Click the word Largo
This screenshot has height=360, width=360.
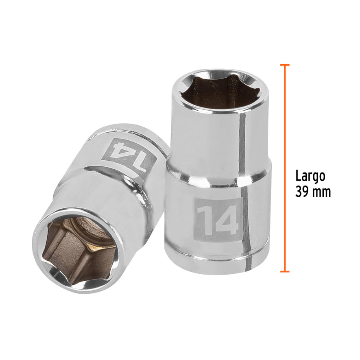tap(310, 176)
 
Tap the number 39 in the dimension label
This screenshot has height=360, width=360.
tap(302, 192)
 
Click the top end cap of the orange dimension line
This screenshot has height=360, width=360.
tap(285, 65)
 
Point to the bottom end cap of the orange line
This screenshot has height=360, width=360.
tap(285, 271)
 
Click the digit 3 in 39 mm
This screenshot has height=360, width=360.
tap(299, 192)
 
